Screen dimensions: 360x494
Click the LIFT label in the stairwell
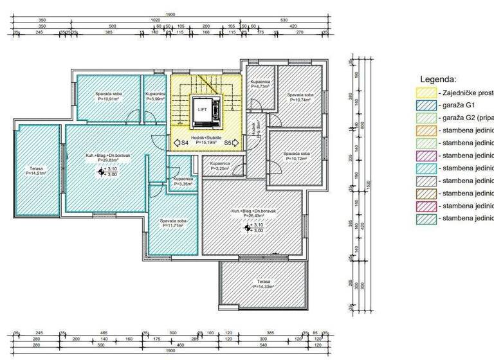click(203, 110)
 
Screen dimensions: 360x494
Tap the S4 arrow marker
click(181, 142)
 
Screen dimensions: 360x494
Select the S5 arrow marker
click(231, 142)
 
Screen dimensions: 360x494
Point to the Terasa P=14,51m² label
click(36, 170)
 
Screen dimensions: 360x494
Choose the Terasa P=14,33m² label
click(264, 283)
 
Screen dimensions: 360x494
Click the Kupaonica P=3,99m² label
click(156, 97)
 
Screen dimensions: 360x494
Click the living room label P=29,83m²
click(100, 158)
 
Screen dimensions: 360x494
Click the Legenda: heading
click(438, 79)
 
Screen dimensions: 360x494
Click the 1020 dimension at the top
click(155, 20)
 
